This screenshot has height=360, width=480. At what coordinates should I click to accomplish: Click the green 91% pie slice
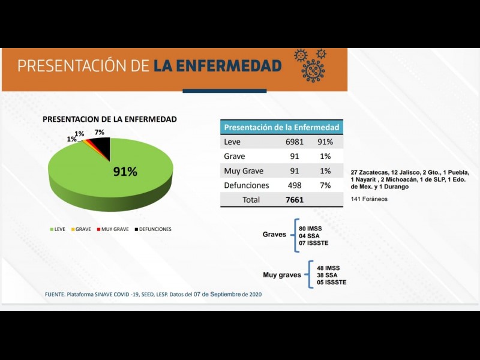[114, 177]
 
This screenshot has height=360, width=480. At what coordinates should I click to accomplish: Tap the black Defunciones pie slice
[103, 147]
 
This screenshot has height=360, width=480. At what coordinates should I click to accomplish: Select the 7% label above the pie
[100, 132]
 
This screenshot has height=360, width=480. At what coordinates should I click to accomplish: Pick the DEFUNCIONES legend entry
[152, 229]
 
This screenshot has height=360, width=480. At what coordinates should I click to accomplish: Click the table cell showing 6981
[294, 142]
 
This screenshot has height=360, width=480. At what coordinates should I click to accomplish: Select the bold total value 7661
[295, 200]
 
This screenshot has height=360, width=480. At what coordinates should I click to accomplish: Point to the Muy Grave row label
[244, 171]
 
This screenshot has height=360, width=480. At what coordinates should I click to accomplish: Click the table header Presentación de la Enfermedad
[281, 127]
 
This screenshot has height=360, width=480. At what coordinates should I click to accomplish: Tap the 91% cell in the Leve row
[325, 142]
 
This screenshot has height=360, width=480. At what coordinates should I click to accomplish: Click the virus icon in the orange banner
[312, 66]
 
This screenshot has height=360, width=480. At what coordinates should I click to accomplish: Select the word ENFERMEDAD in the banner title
[217, 65]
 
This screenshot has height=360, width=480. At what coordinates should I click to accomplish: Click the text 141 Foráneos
[369, 199]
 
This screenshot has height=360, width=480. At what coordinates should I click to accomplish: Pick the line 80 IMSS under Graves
[311, 229]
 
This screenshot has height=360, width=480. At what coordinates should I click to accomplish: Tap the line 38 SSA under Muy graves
[326, 275]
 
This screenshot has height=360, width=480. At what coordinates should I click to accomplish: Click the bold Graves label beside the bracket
[274, 235]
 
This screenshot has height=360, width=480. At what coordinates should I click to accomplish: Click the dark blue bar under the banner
[224, 91]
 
